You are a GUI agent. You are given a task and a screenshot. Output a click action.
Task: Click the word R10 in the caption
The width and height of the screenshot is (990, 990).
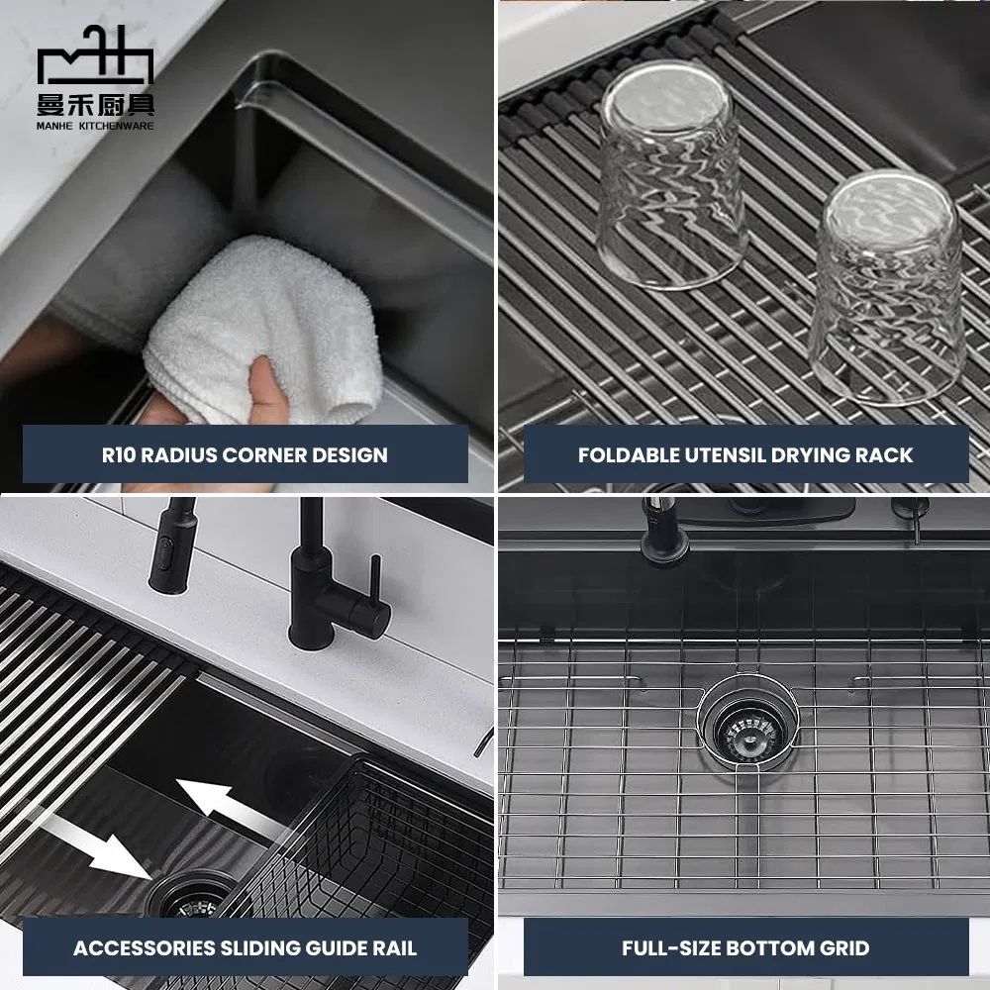[126, 455]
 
